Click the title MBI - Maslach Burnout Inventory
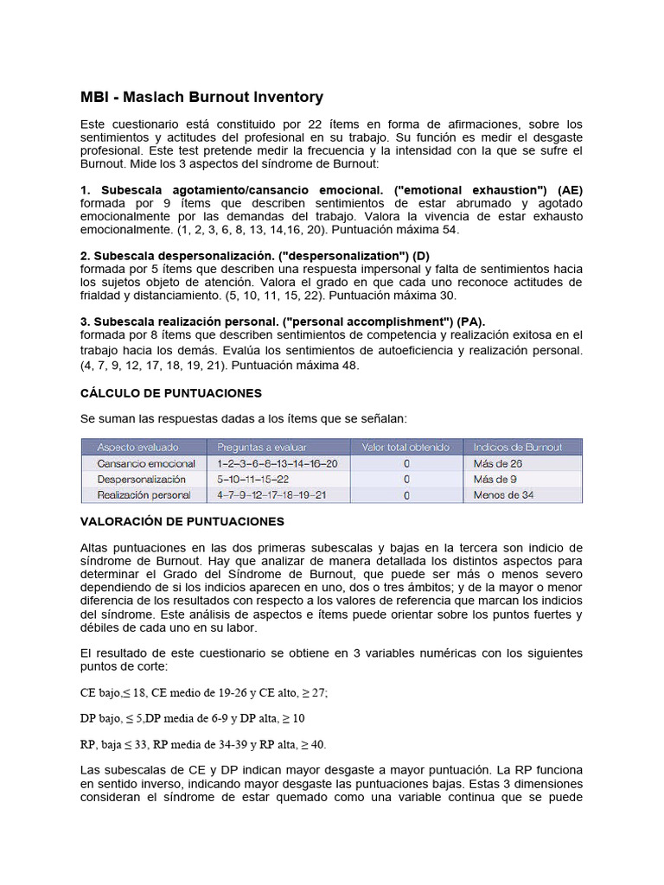tap(201, 97)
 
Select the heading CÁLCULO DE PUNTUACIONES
tap(170, 392)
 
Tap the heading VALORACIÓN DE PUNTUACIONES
tap(182, 522)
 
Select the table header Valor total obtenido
tap(405, 447)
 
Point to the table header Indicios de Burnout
tap(518, 447)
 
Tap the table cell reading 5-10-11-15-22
tap(253, 479)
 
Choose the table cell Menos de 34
tap(503, 495)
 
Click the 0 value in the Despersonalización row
tap(406, 479)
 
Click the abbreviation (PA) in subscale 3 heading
tap(471, 320)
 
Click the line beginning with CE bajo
tap(203, 692)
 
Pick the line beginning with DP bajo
tap(192, 718)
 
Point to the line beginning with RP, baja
tap(203, 744)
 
